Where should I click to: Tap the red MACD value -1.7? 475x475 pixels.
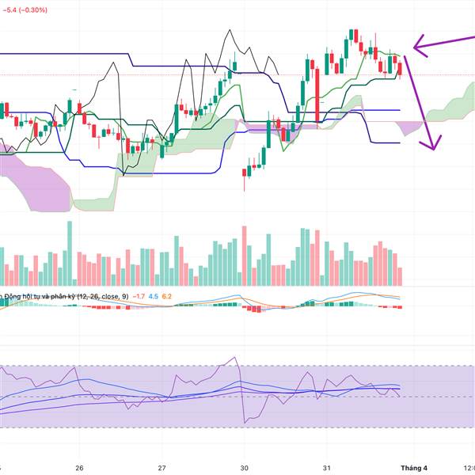coord(138,296)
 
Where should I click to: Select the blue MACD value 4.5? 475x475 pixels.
coord(154,296)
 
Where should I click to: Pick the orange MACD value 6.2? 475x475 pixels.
coord(167,296)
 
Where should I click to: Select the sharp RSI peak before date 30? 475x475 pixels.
coord(236,358)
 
